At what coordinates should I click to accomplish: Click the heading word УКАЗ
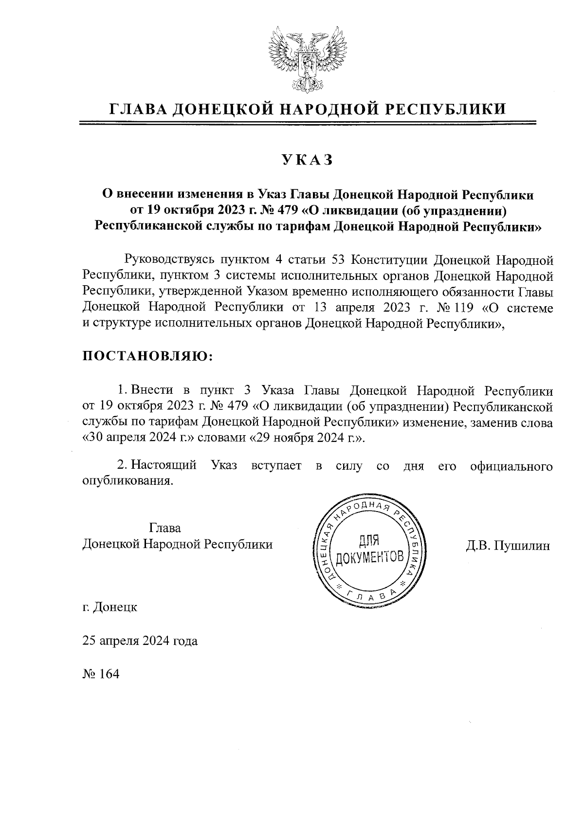(x=307, y=160)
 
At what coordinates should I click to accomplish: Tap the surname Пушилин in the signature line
(x=522, y=546)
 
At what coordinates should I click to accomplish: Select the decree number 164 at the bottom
(x=109, y=675)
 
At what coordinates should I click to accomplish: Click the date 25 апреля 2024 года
(x=140, y=641)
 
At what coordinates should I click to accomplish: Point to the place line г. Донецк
(x=110, y=607)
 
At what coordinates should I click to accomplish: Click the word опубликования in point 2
(x=128, y=481)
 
